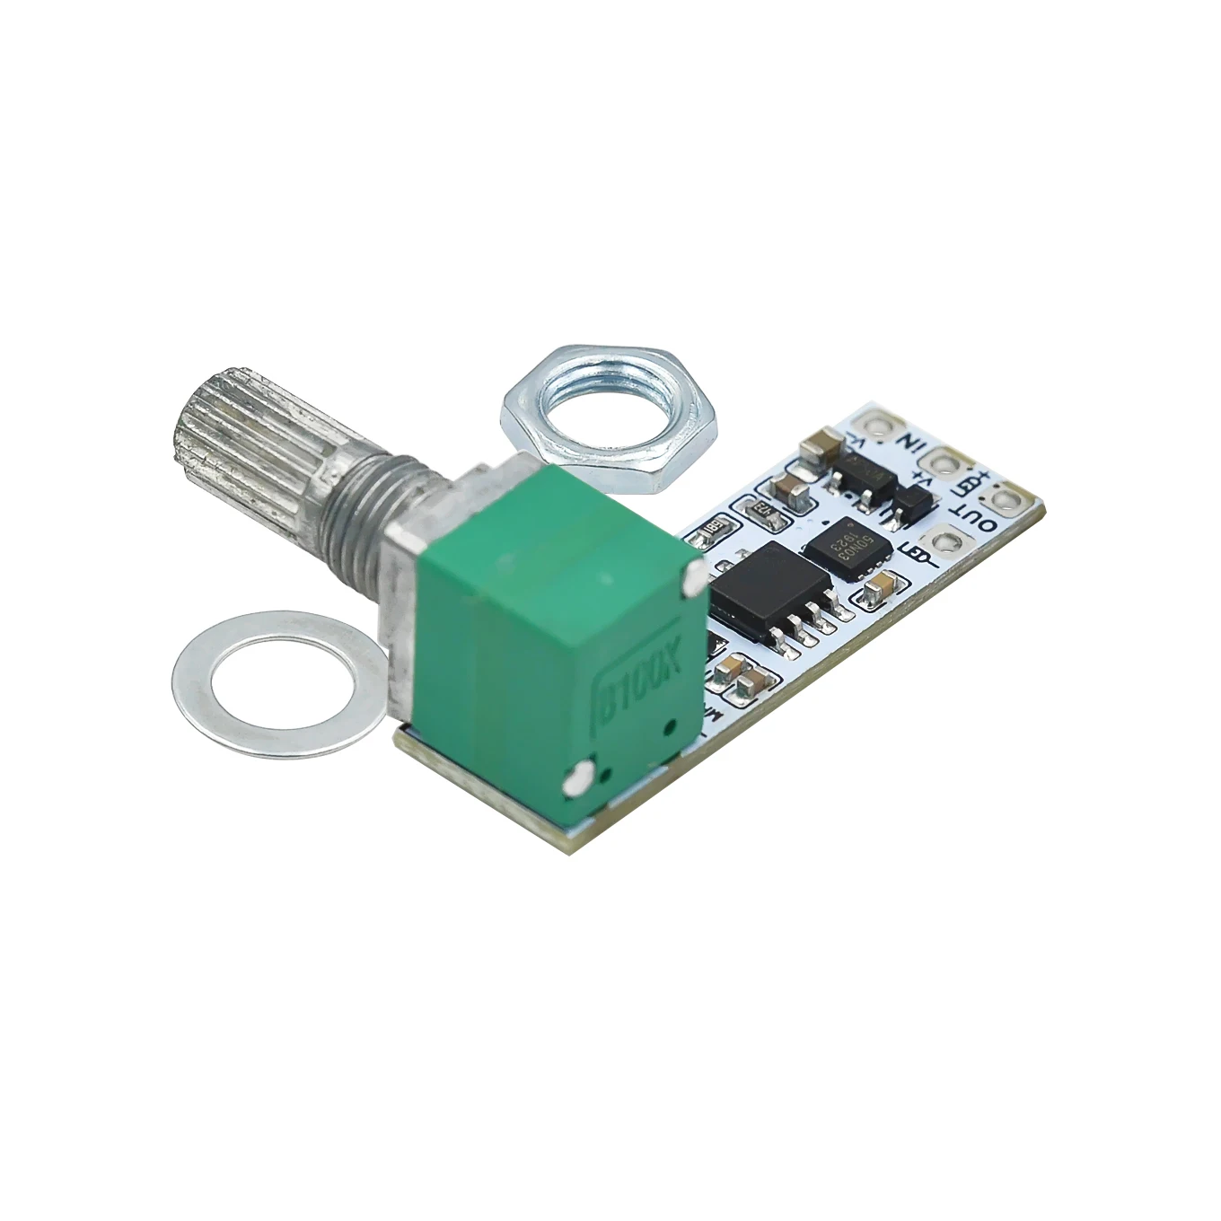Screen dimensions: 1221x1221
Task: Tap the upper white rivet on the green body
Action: click(x=694, y=581)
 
